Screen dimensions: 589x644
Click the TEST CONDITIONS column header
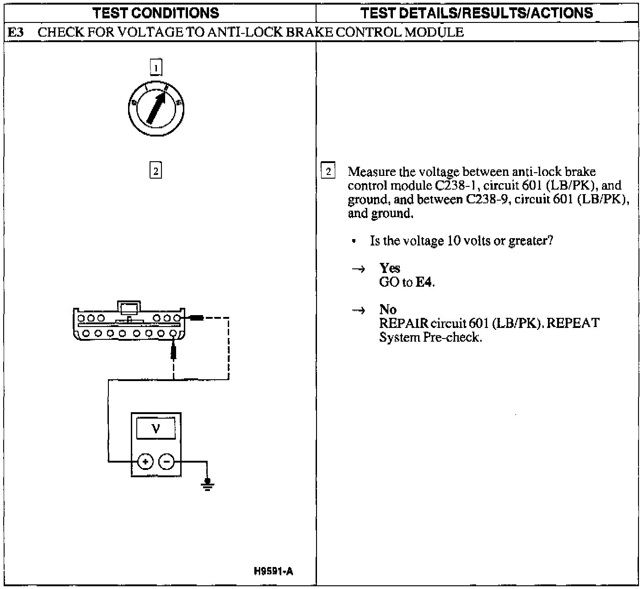point(156,13)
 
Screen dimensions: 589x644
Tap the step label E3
point(16,33)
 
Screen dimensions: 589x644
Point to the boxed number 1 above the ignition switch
point(156,68)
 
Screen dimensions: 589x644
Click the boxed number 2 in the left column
point(156,171)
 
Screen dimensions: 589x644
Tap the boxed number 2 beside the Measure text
point(328,172)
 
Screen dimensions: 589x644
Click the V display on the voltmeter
point(156,429)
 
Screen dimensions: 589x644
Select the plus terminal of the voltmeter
point(145,462)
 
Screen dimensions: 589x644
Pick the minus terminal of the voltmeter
point(166,462)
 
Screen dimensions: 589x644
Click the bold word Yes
point(389,268)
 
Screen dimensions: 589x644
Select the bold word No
point(387,310)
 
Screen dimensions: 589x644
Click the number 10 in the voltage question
point(453,241)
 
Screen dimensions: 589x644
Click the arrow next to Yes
point(358,269)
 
